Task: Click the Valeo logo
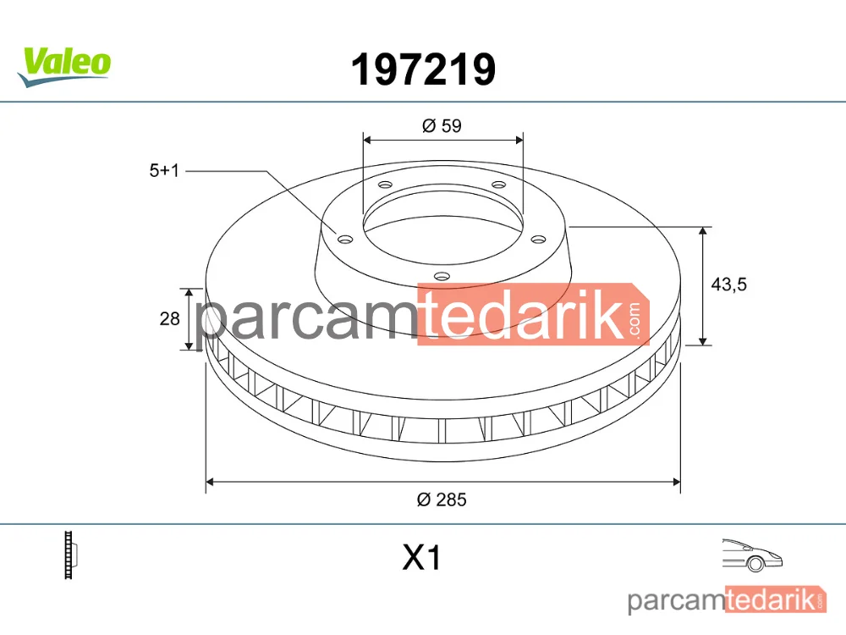pyautogui.click(x=64, y=67)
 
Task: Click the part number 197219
pyautogui.click(x=423, y=69)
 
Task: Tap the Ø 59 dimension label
pyautogui.click(x=442, y=126)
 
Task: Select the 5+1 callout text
pyautogui.click(x=164, y=171)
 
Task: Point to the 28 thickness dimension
pyautogui.click(x=169, y=318)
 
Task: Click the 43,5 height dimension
pyautogui.click(x=729, y=284)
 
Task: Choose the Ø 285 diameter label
pyautogui.click(x=442, y=500)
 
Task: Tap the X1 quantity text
pyautogui.click(x=421, y=558)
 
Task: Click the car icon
pyautogui.click(x=752, y=555)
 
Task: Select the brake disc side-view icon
pyautogui.click(x=71, y=555)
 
